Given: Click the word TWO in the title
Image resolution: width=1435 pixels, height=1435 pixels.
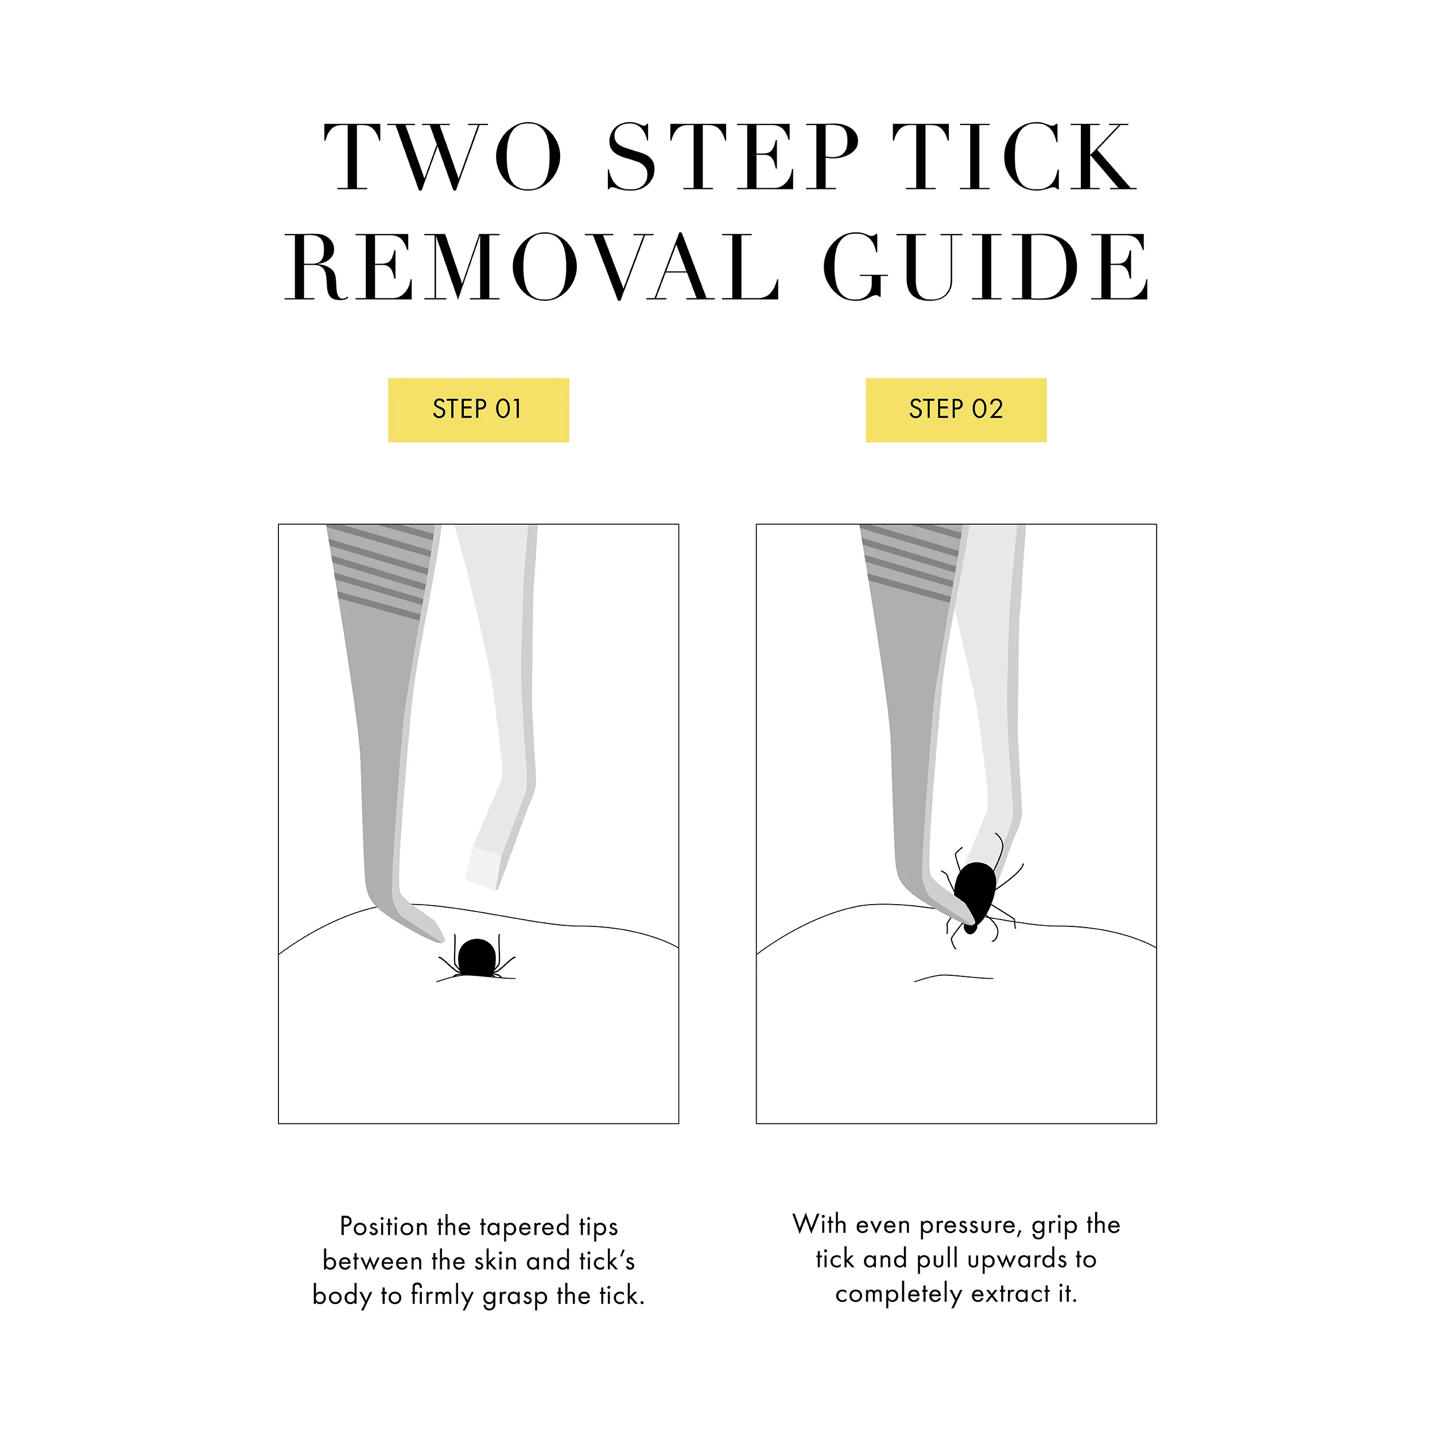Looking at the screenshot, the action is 443,157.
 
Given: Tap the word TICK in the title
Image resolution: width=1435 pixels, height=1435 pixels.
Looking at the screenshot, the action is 1015,157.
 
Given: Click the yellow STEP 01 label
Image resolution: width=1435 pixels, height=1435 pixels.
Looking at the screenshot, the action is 478,410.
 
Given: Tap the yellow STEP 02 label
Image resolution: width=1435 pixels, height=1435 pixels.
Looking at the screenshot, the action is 956,410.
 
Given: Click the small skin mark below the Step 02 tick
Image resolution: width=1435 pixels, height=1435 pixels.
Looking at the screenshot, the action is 953,978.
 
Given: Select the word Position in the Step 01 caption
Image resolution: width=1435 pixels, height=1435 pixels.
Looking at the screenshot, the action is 383,1226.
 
